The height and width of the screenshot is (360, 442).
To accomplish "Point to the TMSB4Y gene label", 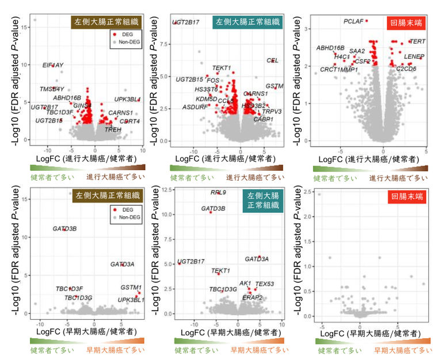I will point(52,89).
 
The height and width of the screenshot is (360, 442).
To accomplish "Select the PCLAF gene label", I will point(354,21).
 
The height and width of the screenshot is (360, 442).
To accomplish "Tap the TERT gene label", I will point(417,42).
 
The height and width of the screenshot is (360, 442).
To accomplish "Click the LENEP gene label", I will point(414,56).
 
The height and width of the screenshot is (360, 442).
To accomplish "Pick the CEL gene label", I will point(272,60).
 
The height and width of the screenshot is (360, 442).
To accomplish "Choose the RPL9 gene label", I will point(219,193).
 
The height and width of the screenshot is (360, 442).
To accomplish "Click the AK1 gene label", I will point(245,284).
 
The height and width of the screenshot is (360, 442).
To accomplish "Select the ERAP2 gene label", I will point(253,297).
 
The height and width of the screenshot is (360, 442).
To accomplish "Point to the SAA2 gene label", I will point(357,51).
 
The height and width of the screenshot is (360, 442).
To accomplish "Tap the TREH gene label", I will point(113,130).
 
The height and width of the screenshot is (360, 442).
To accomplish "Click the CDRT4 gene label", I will point(129,121).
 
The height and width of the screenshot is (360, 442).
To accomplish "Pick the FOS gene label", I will point(213,81).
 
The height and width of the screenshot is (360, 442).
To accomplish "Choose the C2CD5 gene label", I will point(406,69).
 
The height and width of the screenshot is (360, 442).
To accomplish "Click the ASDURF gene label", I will point(193,107).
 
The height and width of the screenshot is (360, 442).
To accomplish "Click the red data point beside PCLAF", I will point(367,21).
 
